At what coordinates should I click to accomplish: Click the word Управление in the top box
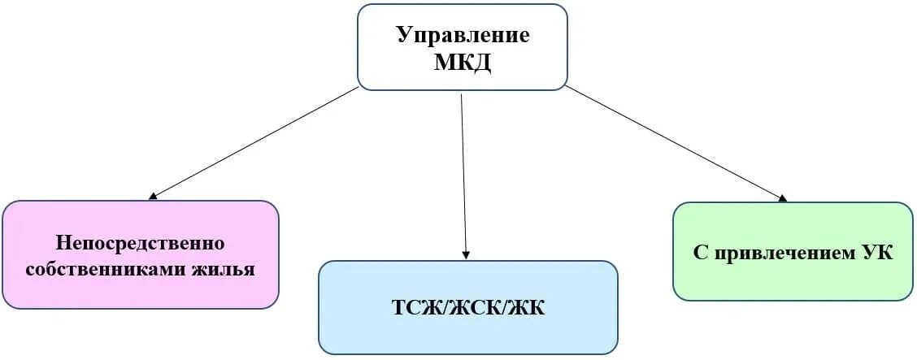tap(463, 36)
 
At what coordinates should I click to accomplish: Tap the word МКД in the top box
tap(463, 62)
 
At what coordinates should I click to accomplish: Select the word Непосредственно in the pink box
tap(140, 243)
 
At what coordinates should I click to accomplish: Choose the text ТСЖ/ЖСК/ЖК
tap(467, 308)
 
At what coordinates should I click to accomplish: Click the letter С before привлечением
tap(700, 253)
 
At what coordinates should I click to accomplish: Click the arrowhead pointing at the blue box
tap(467, 255)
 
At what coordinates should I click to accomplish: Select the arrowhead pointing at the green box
tap(783, 198)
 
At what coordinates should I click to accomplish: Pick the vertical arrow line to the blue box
tap(464, 175)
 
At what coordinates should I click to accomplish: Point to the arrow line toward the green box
tap(675, 142)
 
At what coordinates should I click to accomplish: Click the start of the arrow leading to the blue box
tap(462, 97)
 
